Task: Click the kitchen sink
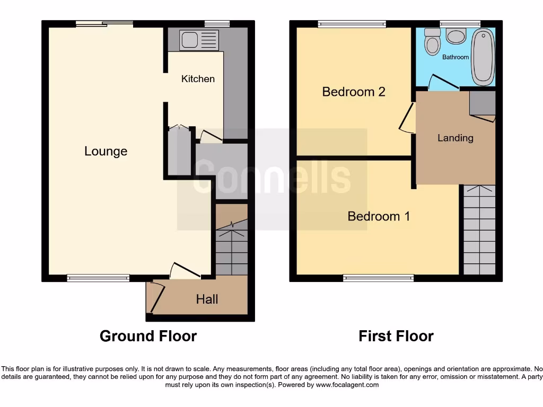pyautogui.click(x=199, y=40)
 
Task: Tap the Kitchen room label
pyautogui.click(x=198, y=79)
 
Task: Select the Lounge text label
pyautogui.click(x=106, y=152)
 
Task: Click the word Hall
pyautogui.click(x=207, y=299)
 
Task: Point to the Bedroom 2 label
pyautogui.click(x=354, y=92)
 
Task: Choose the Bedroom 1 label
pyautogui.click(x=379, y=216)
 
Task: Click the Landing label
pyautogui.click(x=455, y=138)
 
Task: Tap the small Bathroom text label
pyautogui.click(x=456, y=57)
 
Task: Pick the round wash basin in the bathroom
pyautogui.click(x=456, y=36)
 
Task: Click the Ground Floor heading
pyautogui.click(x=148, y=336)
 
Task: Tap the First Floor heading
pyautogui.click(x=396, y=336)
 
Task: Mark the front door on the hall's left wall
pyautogui.click(x=155, y=297)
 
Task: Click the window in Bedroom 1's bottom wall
pyautogui.click(x=378, y=278)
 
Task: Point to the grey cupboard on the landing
pyautogui.click(x=482, y=103)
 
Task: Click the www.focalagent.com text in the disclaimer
pyautogui.click(x=347, y=385)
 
